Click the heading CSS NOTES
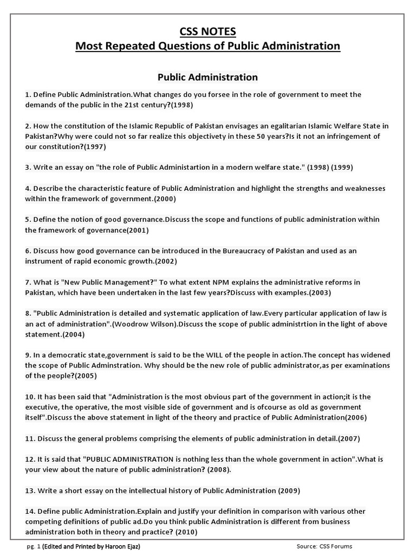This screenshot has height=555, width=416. (207, 31)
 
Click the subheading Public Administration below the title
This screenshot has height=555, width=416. (207, 77)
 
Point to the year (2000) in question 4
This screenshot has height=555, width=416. (164, 199)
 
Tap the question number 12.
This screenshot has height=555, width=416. (30, 459)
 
